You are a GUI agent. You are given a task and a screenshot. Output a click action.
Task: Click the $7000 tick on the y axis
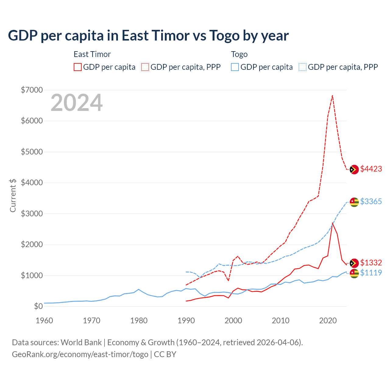point(32,90)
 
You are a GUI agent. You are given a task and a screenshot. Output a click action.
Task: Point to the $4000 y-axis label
point(32,183)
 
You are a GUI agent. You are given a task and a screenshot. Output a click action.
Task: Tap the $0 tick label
point(38,306)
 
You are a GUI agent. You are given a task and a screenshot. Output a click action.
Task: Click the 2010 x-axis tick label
point(280,321)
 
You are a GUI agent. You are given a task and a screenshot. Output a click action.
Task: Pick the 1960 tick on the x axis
point(44,321)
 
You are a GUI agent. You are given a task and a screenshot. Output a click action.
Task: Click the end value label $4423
point(371,169)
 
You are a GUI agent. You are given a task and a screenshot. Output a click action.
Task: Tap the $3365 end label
point(371,201)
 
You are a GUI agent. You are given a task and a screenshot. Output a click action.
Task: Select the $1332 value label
point(371,263)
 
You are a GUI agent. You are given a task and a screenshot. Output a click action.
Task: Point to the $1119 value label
point(371,273)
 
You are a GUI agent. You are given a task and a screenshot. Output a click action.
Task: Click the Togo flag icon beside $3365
point(354,202)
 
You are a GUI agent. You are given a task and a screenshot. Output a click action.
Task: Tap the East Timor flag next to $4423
point(354,169)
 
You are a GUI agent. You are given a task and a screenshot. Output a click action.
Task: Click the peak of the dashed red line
point(332,95)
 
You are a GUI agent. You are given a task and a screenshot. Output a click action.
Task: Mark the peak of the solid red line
point(332,223)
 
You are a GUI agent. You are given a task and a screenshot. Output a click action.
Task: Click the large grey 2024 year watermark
point(76,103)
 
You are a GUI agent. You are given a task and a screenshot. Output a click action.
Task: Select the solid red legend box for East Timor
point(78,67)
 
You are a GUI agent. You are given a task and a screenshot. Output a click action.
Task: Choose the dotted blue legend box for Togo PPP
point(303,67)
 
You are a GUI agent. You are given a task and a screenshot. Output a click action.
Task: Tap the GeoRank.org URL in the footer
point(80,354)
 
